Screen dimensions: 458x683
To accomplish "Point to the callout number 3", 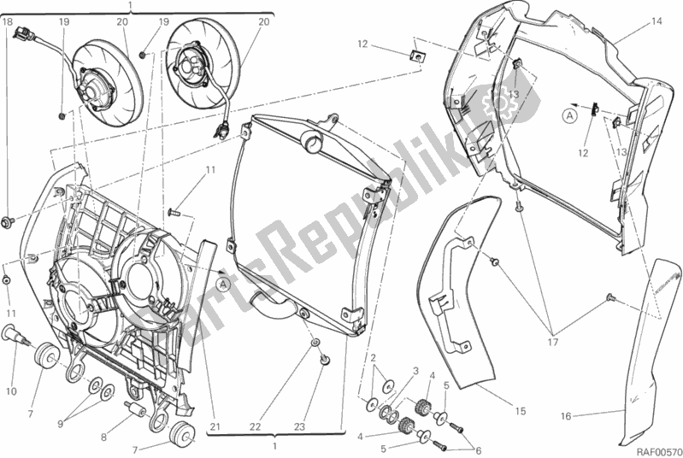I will [416, 372].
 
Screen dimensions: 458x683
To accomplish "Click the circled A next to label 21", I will [222, 282].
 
